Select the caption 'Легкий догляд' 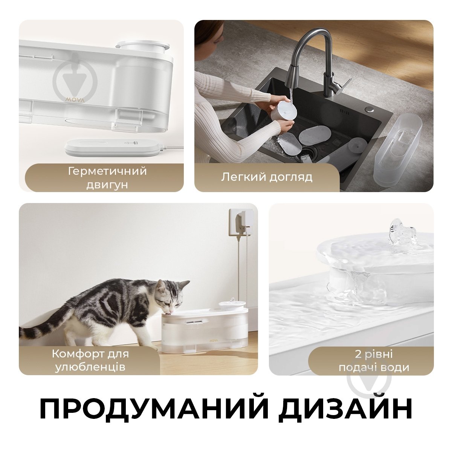267,177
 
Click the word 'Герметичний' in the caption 107,171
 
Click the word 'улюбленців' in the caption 90,367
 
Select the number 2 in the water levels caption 358,354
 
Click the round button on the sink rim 370,109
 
